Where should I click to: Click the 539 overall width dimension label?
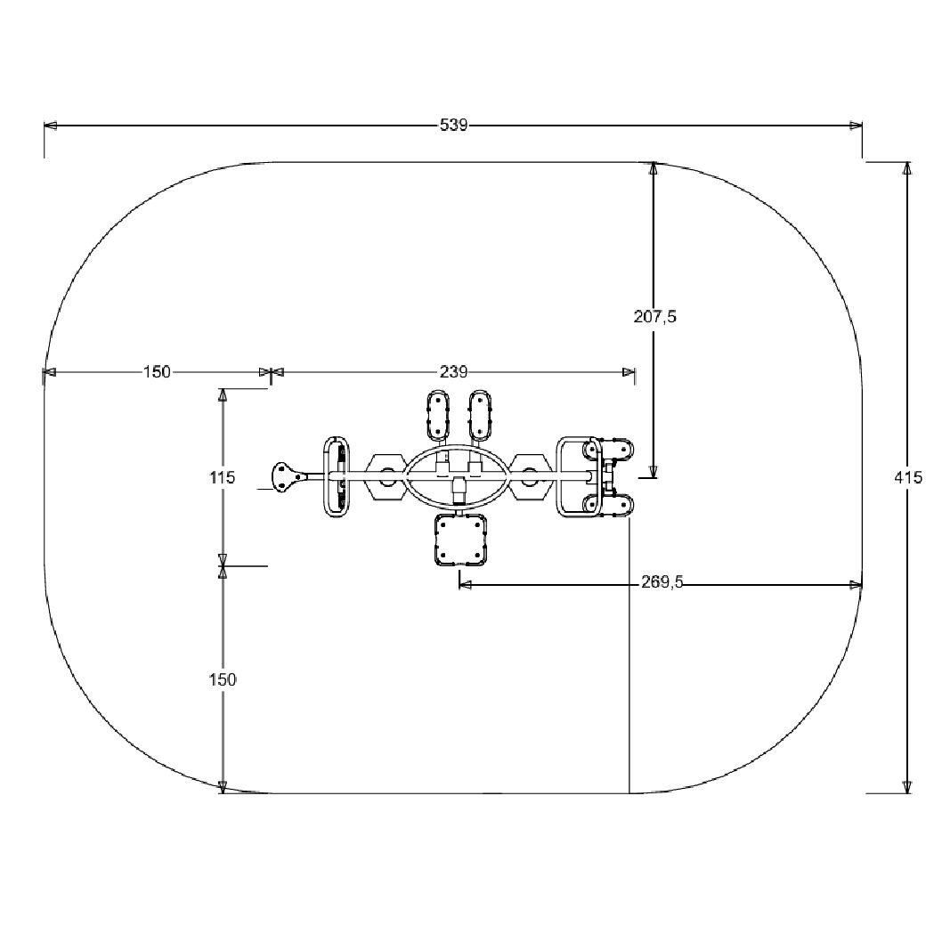(453, 125)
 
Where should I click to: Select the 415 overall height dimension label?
(908, 477)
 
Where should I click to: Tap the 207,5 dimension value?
(654, 316)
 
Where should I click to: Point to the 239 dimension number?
(453, 372)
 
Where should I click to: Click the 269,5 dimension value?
(662, 582)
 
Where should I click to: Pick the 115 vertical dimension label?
(223, 477)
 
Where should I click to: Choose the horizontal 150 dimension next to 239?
(157, 372)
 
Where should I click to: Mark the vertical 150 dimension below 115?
(223, 679)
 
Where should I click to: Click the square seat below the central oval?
(459, 540)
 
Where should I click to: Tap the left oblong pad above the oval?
(437, 416)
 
